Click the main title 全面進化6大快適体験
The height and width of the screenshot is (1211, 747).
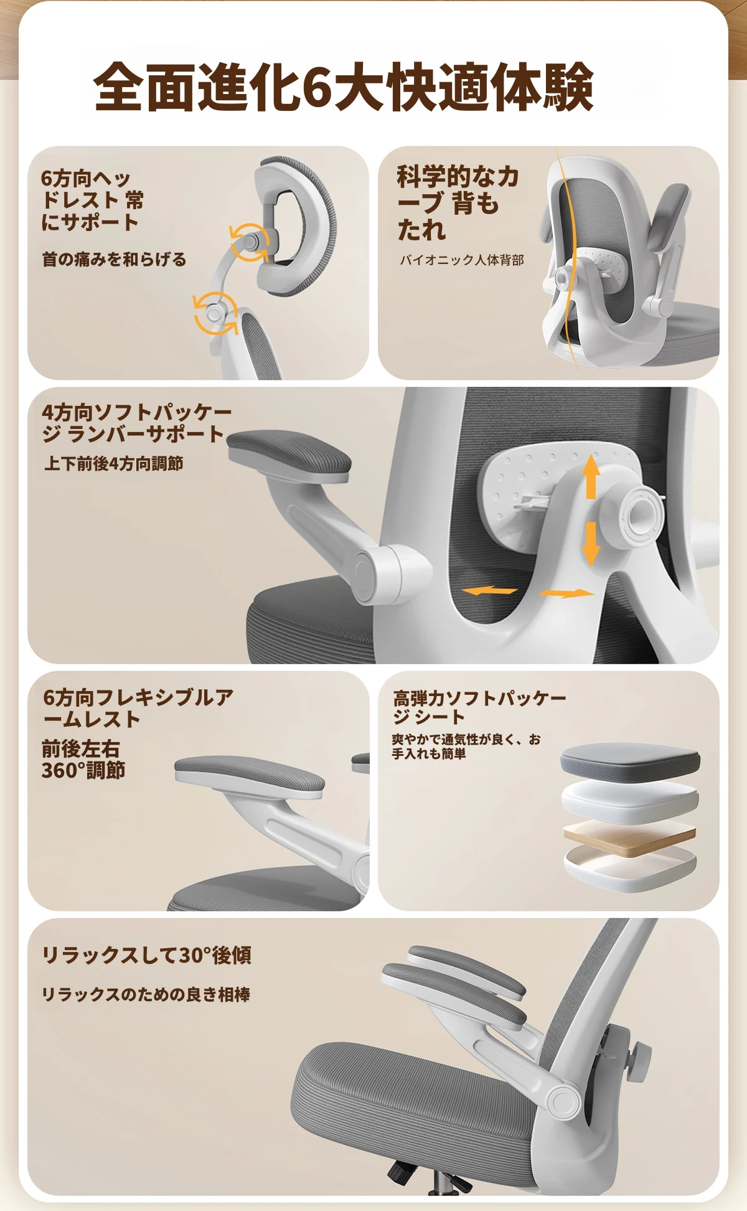click(x=343, y=87)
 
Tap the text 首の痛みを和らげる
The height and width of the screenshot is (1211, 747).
click(x=115, y=259)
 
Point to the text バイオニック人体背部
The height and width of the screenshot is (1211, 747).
click(x=462, y=260)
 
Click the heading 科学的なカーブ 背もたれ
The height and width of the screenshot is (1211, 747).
click(x=458, y=203)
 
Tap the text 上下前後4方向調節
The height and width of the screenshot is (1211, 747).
click(x=114, y=463)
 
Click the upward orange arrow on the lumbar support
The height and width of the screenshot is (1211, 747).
click(x=591, y=476)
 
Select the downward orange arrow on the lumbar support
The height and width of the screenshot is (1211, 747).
click(x=591, y=544)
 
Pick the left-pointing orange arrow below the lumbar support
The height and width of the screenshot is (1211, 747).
click(x=489, y=590)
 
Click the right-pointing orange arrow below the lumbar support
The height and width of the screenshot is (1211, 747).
click(x=566, y=593)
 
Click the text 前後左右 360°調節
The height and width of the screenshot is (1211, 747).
click(x=83, y=760)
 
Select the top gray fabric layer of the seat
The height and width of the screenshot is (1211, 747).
click(x=630, y=760)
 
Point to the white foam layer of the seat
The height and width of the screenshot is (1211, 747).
click(x=629, y=802)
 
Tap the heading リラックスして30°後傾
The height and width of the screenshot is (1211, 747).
click(x=147, y=954)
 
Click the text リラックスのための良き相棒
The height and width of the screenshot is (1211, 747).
click(x=146, y=994)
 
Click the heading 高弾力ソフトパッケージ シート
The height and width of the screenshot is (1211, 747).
click(x=479, y=707)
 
